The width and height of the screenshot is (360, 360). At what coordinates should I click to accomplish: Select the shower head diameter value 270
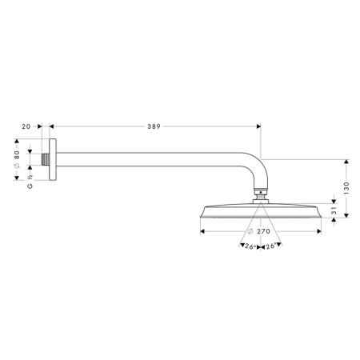click(x=266, y=231)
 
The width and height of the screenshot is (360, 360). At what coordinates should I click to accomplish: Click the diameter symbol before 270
click(x=252, y=231)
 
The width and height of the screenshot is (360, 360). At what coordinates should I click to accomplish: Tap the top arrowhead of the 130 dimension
click(x=346, y=161)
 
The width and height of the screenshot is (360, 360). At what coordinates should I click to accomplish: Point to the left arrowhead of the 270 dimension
click(x=202, y=231)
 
